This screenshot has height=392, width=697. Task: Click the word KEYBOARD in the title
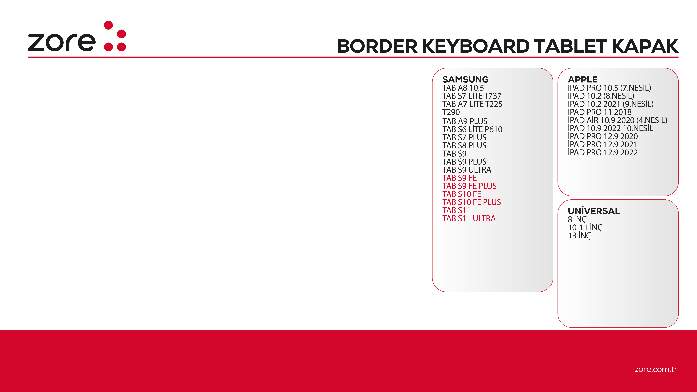475,46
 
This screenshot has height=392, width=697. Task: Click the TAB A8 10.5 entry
463,88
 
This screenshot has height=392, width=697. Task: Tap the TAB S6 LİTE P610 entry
472,129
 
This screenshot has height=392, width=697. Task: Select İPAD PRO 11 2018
600,112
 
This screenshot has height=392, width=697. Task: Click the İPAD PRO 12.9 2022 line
603,153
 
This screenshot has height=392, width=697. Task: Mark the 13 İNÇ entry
579,236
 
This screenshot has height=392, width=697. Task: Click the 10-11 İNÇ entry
585,228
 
